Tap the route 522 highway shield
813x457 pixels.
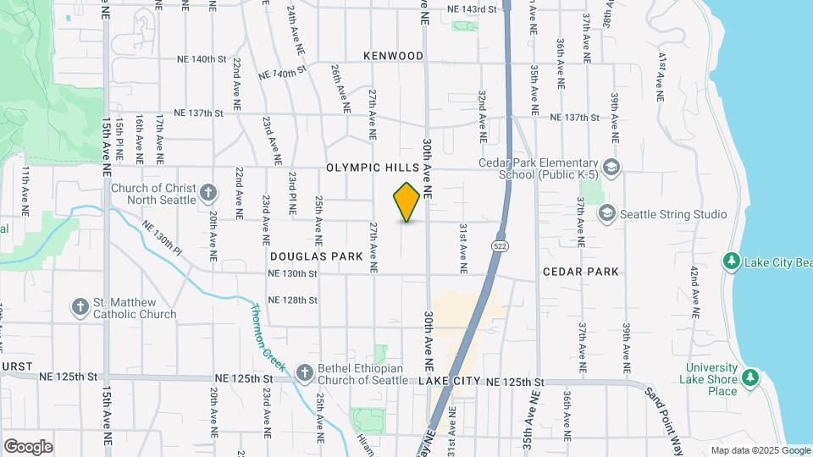(x=499, y=245)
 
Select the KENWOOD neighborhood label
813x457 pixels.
(x=393, y=56)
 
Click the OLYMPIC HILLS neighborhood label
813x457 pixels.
(x=373, y=168)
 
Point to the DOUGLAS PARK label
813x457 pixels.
(x=317, y=256)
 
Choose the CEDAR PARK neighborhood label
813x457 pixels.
(x=580, y=272)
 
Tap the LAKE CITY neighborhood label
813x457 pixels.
(x=450, y=383)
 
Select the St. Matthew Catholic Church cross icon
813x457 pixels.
(x=80, y=306)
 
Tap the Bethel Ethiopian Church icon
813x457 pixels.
(x=303, y=372)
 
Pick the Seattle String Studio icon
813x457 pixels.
(x=606, y=214)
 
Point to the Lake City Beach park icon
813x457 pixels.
(x=731, y=262)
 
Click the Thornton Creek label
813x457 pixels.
(x=266, y=332)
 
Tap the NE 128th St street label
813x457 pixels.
(x=292, y=300)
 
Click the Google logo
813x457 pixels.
(x=28, y=447)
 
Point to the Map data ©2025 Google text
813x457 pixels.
(x=759, y=450)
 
